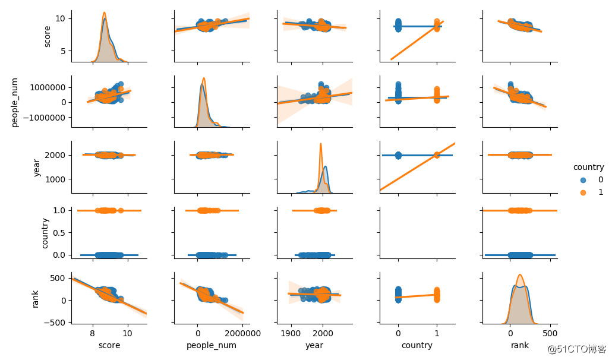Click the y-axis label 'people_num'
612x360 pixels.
coord(16,102)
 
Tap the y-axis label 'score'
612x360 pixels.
coord(47,36)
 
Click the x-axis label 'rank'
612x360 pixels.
coord(520,345)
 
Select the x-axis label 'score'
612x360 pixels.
coord(109,345)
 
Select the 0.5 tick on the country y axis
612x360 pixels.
coord(61,232)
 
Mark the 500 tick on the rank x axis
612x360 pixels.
coord(550,333)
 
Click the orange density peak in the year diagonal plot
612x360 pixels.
coord(321,143)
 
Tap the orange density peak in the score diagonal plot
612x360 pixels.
coord(104,12)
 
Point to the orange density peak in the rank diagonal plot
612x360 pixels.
coord(520,275)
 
